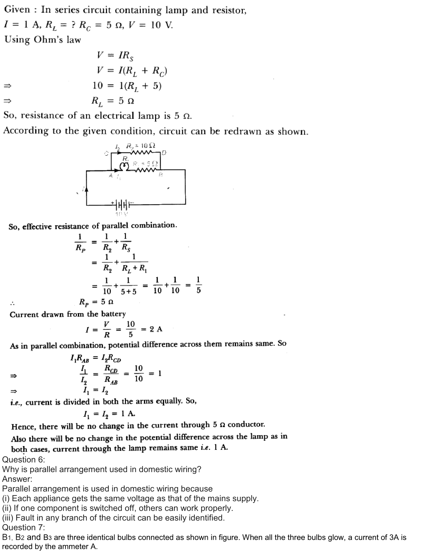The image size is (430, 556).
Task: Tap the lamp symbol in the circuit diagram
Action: coord(124,167)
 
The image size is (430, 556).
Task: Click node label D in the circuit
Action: coord(164,153)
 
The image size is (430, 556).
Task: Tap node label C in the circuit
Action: coord(106,153)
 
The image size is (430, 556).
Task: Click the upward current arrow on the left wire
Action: coord(87,189)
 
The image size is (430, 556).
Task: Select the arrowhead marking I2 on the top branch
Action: coord(119,152)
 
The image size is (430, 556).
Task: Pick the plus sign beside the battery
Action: coord(112,203)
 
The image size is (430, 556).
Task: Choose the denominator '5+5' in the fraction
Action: coord(129,291)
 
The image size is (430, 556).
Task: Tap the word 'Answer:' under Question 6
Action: coord(17,479)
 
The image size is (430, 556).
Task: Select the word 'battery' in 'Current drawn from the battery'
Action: coord(113,314)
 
